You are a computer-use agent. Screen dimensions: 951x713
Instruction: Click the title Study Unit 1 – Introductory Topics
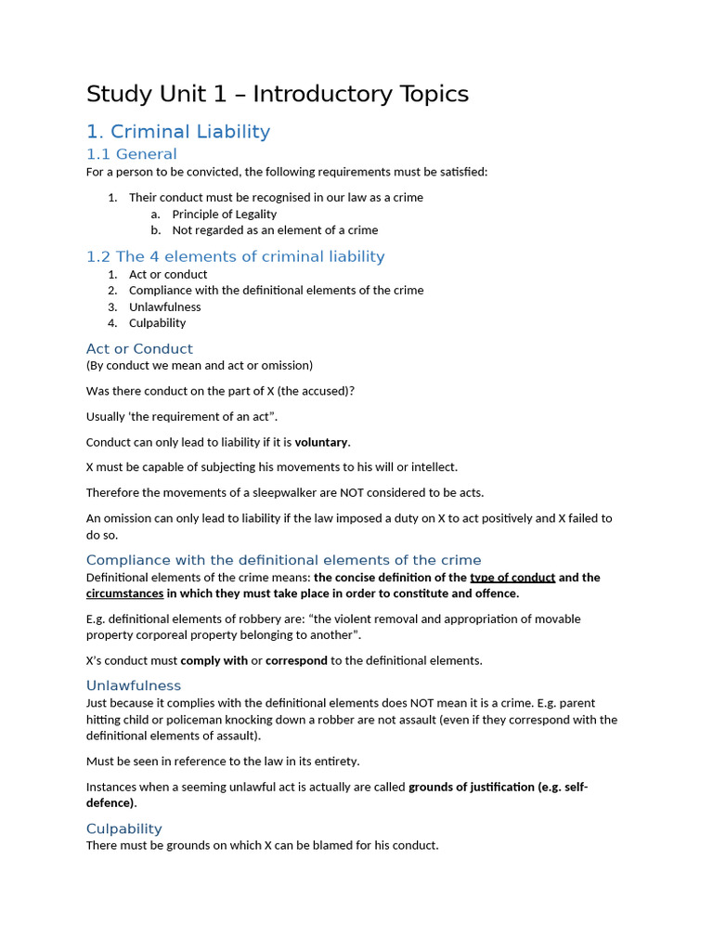tap(277, 94)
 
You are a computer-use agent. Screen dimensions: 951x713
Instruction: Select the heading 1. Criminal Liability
tap(177, 132)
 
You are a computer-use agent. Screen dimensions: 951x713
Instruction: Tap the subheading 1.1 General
tap(131, 154)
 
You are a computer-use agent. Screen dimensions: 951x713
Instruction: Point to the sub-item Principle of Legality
tap(224, 214)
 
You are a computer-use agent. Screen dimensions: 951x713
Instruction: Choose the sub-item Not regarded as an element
tap(275, 230)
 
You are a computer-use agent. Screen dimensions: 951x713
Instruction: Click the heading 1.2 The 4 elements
tap(235, 256)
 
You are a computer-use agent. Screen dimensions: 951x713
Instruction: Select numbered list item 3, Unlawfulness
tap(164, 306)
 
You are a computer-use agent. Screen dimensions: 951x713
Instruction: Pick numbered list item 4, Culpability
tap(157, 323)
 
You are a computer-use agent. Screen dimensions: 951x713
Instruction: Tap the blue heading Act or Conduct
tap(139, 349)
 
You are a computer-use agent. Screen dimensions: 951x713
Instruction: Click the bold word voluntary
tap(321, 442)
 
